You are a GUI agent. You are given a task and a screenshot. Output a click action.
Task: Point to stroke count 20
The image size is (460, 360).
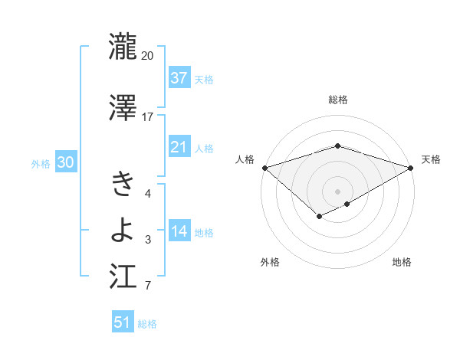pyautogui.click(x=148, y=56)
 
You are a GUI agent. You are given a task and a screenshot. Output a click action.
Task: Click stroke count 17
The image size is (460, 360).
pyautogui.click(x=148, y=117)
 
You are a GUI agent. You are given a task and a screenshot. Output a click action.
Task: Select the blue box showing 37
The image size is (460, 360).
pyautogui.click(x=179, y=77)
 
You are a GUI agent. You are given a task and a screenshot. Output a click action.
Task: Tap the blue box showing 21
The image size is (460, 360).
pyautogui.click(x=179, y=146)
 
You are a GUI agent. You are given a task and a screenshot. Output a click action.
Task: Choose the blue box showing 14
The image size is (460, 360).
pyautogui.click(x=179, y=231)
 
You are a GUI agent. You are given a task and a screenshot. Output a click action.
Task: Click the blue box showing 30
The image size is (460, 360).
pyautogui.click(x=64, y=162)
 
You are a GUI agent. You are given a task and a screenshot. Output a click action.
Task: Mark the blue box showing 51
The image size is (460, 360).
pyautogui.click(x=123, y=322)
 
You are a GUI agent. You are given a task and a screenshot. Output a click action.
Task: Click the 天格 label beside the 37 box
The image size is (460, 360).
pyautogui.click(x=204, y=79)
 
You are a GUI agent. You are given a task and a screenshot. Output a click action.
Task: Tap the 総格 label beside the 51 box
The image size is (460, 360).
pyautogui.click(x=147, y=324)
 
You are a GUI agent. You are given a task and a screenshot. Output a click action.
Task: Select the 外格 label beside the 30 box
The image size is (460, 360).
pyautogui.click(x=41, y=163)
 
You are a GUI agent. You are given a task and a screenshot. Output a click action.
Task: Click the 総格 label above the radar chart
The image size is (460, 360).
pyautogui.click(x=338, y=100)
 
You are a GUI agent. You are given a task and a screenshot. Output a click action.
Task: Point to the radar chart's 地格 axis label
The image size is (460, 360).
pyautogui.click(x=402, y=263)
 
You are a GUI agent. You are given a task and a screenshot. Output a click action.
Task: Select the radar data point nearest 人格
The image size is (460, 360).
pyautogui.click(x=264, y=168)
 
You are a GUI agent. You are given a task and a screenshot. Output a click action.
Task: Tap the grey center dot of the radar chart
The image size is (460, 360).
pyautogui.click(x=337, y=191)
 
